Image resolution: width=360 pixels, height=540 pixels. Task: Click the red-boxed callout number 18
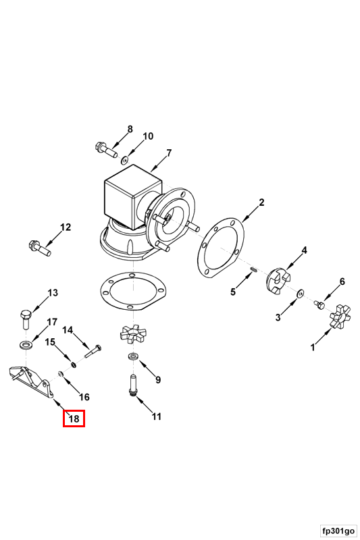coord(74,418)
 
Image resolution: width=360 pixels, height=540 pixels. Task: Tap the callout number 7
coord(169,153)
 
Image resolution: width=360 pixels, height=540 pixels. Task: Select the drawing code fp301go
coord(338,531)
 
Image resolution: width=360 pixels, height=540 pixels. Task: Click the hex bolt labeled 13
coord(26,319)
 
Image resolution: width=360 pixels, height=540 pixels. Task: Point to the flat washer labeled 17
coord(25,344)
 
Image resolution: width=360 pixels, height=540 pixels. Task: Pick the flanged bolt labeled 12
coord(40,248)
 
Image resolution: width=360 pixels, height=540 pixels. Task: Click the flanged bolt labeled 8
coord(106,149)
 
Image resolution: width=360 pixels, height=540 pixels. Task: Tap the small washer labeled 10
coord(124,160)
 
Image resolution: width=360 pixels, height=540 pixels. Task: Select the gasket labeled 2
coord(220,248)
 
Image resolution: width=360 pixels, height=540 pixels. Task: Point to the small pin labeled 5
coord(254,269)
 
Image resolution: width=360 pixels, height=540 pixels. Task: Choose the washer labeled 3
coord(300,294)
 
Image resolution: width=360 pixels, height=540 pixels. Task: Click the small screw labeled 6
coord(319,305)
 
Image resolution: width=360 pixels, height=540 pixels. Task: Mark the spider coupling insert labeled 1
coord(340,316)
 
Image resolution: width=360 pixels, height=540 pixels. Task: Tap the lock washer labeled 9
coord(133,358)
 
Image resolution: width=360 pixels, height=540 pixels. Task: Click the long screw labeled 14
coord(93,352)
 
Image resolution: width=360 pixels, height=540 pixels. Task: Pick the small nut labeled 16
coord(61,374)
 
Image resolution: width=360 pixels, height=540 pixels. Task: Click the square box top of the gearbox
coord(133,196)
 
